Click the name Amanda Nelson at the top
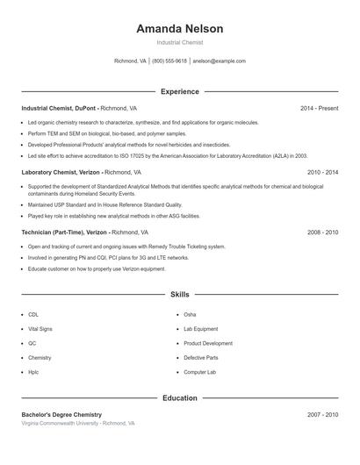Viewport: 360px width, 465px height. pos(179,29)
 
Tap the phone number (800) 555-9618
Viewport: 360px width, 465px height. pos(169,61)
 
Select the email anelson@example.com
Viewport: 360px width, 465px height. pos(219,61)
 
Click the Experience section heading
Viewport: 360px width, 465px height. pos(179,91)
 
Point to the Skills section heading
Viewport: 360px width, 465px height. pos(179,295)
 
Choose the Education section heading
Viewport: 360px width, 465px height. pos(179,398)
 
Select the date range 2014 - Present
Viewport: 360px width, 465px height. pos(319,108)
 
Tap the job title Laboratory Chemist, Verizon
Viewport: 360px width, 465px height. pos(61,173)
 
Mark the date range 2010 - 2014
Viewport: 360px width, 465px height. pos(322,173)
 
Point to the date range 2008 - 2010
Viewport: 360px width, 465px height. pos(322,232)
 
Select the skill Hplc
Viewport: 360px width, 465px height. pos(33,372)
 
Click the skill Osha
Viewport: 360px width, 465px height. pos(190,314)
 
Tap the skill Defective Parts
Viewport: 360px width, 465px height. pos(200,358)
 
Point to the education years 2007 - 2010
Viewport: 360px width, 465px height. pos(322,414)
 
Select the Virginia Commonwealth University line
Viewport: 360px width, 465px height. pos(78,423)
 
